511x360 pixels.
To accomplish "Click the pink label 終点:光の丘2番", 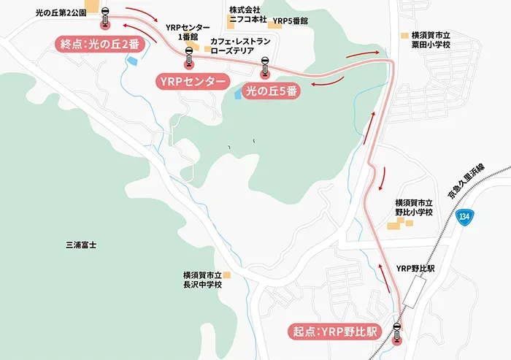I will point(99,44).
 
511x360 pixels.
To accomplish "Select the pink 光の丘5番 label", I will point(271,93).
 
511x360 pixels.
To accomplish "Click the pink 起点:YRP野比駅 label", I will point(333,332).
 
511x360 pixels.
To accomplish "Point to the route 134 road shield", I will point(466,217).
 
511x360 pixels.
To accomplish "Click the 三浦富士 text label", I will point(81,245).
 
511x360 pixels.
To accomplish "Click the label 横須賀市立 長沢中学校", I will point(201,280).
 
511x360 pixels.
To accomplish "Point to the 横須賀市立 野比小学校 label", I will point(414,207).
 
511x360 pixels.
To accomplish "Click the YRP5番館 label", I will point(291,22).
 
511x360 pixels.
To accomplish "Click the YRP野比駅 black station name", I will point(415,269).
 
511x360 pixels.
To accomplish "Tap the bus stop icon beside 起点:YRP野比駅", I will point(397,331).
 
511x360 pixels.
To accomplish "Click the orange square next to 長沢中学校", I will point(227,275).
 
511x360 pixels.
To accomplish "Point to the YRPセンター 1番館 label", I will point(188,32).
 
